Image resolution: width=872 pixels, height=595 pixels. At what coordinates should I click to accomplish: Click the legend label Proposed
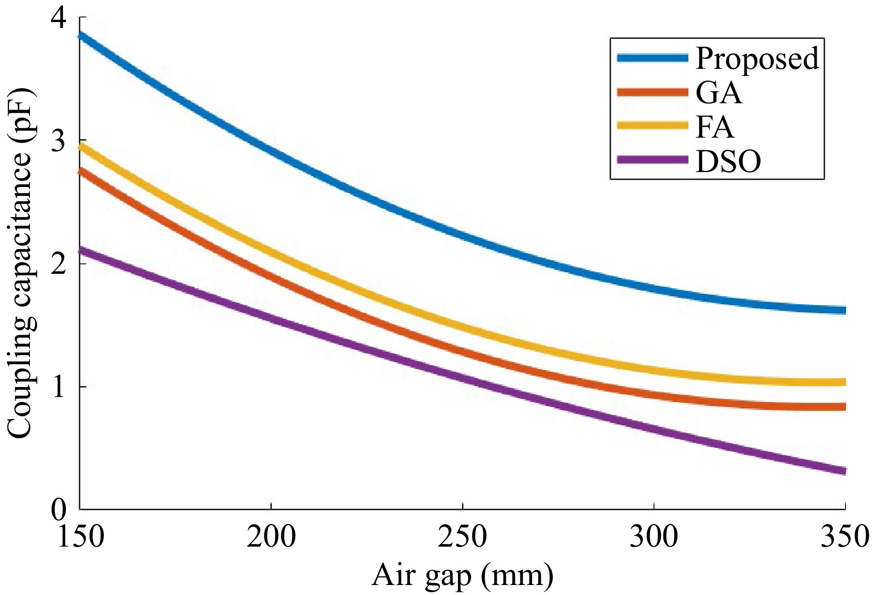[757, 59]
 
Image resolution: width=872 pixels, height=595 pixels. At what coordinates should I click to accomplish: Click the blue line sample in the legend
[653, 58]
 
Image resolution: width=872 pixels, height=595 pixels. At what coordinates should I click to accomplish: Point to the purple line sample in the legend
[653, 160]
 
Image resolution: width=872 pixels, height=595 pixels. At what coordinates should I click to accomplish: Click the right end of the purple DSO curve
[844, 471]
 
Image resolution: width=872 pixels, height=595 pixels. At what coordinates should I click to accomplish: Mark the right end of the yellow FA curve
[844, 383]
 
